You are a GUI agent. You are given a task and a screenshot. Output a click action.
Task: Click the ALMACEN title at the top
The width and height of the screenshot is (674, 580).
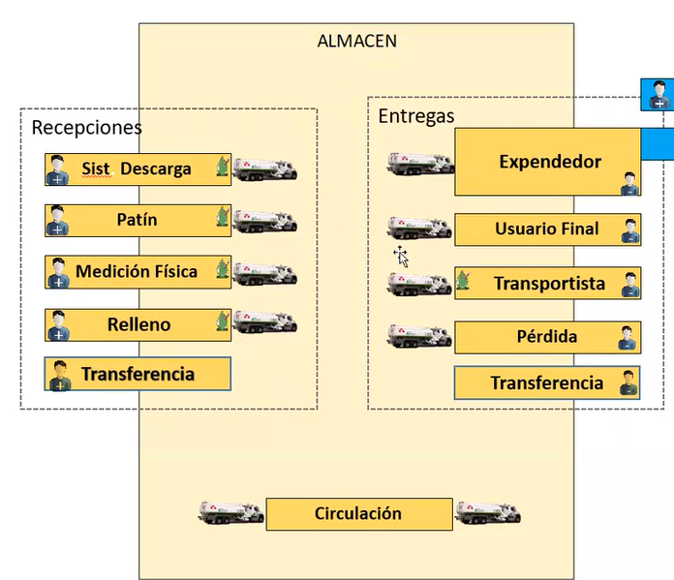[356, 41]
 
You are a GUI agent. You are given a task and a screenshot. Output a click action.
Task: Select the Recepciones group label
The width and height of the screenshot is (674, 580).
[86, 128]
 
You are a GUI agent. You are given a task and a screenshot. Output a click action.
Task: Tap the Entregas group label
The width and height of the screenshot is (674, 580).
[415, 116]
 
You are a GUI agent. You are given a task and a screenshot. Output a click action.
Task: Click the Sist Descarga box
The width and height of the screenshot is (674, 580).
[137, 169]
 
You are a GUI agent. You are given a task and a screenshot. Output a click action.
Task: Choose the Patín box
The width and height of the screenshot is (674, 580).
[137, 221]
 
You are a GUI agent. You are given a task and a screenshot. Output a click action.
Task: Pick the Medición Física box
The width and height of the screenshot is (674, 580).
[137, 272]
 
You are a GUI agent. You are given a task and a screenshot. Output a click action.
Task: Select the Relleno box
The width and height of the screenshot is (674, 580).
[137, 324]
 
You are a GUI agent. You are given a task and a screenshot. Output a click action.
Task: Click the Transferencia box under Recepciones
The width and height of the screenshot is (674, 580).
[138, 374]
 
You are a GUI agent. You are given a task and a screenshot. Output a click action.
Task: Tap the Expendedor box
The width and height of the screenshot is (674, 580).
[549, 162]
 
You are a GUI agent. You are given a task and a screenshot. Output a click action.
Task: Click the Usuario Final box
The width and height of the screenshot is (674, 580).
[547, 229]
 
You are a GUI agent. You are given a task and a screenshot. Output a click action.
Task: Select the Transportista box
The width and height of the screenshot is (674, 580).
[548, 284]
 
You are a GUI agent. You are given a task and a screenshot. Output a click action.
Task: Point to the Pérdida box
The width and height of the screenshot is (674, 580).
[547, 337]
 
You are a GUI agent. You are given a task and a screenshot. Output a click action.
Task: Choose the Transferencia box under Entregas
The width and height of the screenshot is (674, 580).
[547, 382]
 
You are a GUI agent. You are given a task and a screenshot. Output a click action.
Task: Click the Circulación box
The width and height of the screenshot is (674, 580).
[358, 514]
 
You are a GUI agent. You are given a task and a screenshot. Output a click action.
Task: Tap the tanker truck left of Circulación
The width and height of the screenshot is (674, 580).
[231, 513]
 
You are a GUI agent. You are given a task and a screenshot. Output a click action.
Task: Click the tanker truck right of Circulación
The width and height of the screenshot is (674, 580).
[488, 513]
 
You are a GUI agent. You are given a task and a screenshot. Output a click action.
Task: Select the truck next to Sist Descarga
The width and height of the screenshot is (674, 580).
[265, 169]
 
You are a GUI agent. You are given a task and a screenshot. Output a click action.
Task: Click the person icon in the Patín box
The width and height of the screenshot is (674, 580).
[57, 221]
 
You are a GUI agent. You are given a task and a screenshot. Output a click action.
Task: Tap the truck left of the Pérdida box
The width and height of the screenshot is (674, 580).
[419, 336]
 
